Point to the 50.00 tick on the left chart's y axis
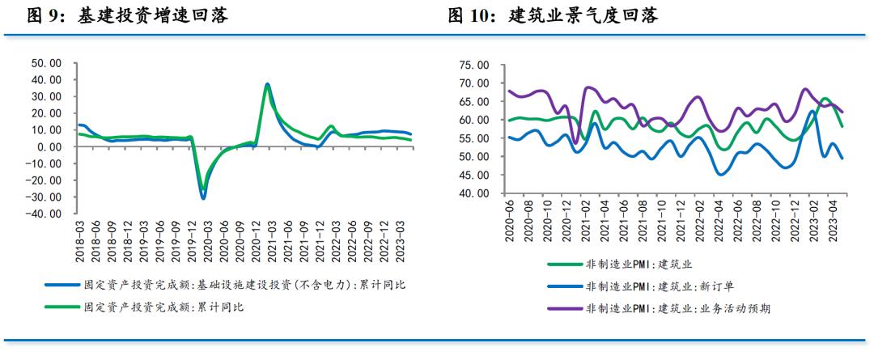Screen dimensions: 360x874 tap(45, 63)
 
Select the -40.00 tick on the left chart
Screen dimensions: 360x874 tap(44, 214)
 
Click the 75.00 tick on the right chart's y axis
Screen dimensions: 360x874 tap(473, 66)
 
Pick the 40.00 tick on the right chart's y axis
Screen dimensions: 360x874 tap(473, 194)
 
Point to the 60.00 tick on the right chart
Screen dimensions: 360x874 tap(473, 121)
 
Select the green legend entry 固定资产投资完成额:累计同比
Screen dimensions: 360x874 tap(163, 307)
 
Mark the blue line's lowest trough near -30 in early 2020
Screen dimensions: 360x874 tap(203, 197)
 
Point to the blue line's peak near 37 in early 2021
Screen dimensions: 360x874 tap(268, 84)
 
